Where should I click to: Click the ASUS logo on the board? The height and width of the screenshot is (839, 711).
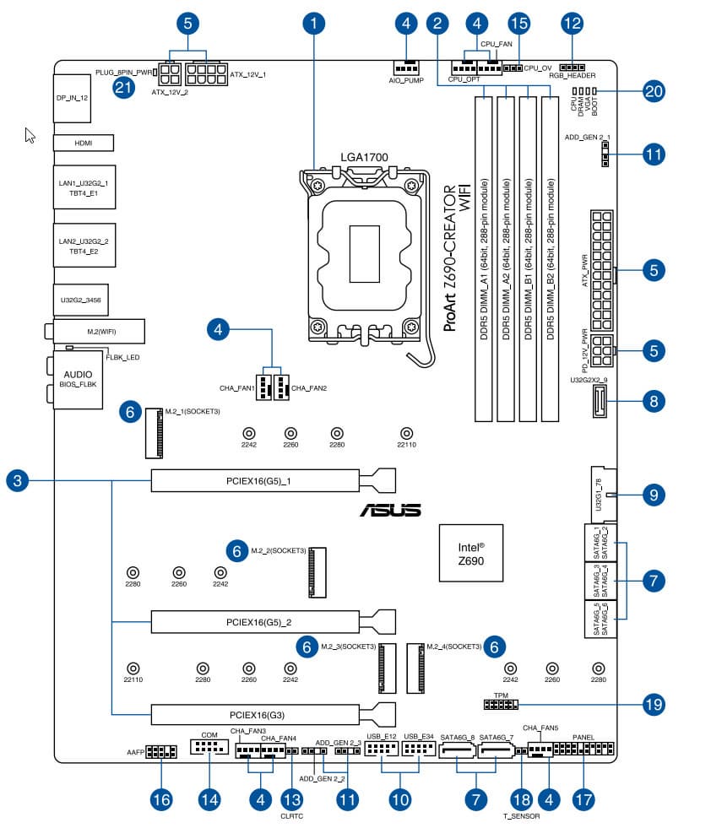[x=391, y=511]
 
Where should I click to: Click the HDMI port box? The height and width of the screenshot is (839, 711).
[x=83, y=143]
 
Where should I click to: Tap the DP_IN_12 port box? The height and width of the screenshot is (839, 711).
[x=73, y=97]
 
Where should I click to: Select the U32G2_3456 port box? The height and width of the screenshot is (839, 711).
[x=83, y=299]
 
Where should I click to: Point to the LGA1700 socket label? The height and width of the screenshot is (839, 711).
[x=364, y=158]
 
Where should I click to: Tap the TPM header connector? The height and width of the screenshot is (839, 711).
[x=502, y=704]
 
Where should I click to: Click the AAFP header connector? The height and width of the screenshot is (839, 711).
[x=161, y=751]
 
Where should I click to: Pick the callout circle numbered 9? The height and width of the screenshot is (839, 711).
[x=653, y=494]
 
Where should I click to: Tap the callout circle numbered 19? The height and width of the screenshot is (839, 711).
[x=653, y=703]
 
